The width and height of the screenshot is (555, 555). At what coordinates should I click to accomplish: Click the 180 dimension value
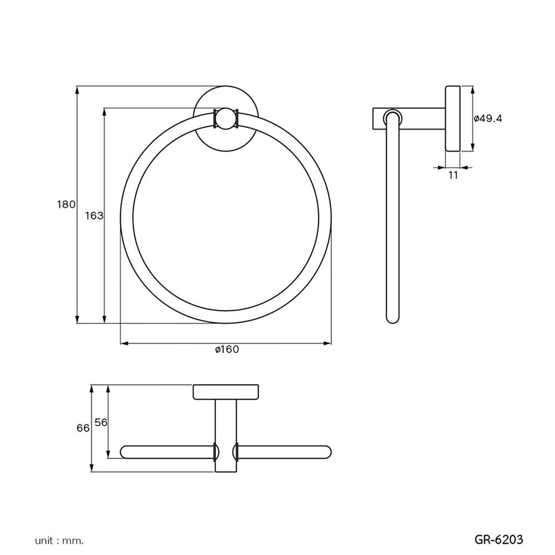tap(65, 204)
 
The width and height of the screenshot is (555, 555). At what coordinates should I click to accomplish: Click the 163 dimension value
tap(94, 215)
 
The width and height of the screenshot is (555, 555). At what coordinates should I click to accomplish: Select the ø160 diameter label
tap(226, 349)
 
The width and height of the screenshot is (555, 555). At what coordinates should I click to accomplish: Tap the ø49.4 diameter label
tap(488, 118)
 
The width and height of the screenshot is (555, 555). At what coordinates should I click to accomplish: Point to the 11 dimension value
tap(452, 175)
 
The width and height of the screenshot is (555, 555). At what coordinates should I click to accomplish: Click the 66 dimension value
tap(83, 428)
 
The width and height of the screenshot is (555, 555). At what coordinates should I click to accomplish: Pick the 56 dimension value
tap(100, 422)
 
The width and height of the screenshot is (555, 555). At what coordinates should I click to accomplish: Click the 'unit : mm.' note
tap(59, 539)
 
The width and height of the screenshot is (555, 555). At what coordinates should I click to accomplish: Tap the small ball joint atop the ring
tap(225, 119)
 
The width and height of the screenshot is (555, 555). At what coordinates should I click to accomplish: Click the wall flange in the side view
tap(453, 118)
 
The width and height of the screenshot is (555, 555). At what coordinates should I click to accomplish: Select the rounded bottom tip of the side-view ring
tap(392, 319)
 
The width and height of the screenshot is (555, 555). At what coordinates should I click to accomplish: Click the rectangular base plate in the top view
tap(226, 392)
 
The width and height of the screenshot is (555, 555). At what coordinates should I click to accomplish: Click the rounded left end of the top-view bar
tap(125, 451)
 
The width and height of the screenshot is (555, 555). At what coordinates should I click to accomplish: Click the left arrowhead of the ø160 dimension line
tap(124, 344)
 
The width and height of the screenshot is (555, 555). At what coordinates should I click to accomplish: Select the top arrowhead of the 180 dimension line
tap(77, 89)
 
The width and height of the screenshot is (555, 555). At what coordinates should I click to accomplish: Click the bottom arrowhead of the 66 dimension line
tap(92, 469)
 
